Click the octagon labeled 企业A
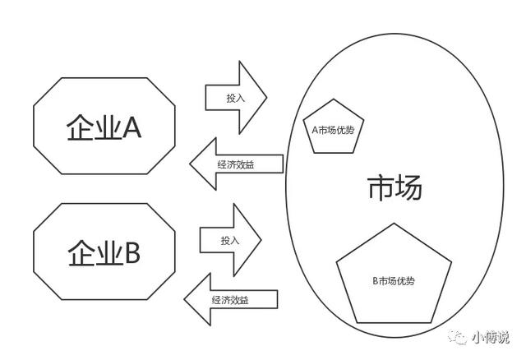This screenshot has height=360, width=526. coord(104,125)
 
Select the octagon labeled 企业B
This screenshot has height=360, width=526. coord(104,252)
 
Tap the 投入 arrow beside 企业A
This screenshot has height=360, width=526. coord(236,97)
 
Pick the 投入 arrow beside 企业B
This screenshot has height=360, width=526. coord(230,240)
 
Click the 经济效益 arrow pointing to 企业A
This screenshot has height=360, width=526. coord(236,164)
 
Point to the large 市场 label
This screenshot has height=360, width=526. coord(394,189)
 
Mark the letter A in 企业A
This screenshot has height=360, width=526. coord(131,127)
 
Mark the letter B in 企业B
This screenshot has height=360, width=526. coord(131,252)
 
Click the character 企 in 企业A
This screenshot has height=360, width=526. coord(80,127)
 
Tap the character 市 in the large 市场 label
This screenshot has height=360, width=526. coord(381,189)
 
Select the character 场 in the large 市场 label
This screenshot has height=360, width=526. coord(408,189)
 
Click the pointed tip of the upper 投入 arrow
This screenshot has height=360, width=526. coord(267,97)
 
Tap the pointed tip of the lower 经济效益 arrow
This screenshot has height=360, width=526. coord(183,300)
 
